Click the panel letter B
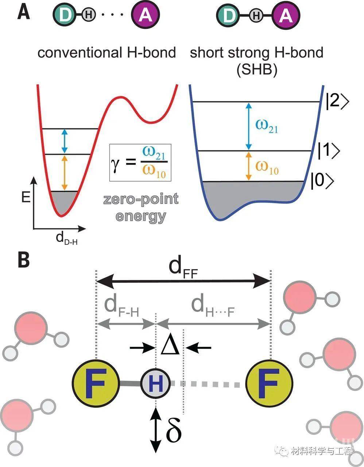[24, 260]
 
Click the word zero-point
[141, 200]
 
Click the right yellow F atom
[270, 383]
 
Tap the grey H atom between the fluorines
[156, 383]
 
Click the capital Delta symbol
[170, 347]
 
